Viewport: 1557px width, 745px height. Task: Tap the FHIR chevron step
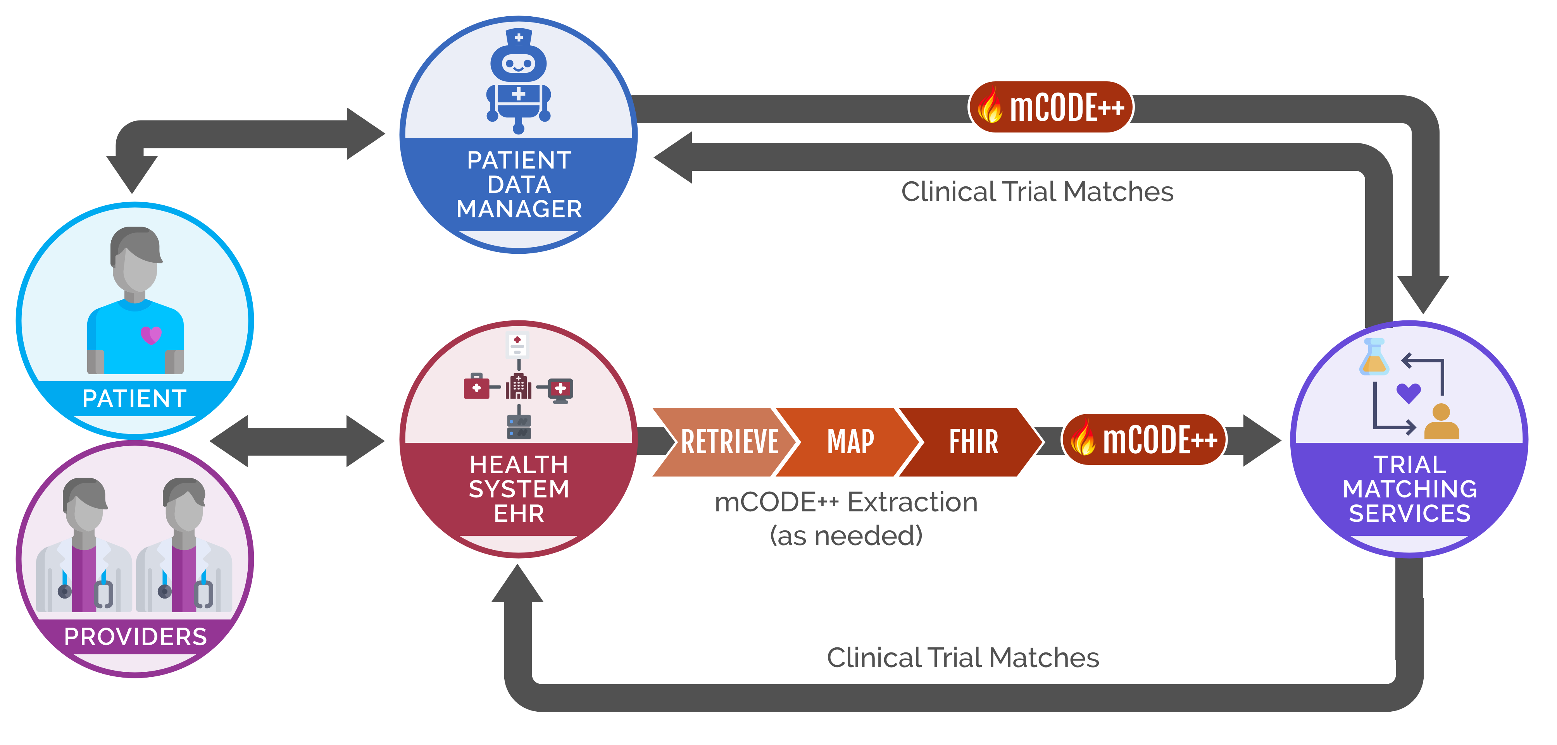coord(973,442)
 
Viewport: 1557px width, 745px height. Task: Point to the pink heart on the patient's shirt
coord(151,334)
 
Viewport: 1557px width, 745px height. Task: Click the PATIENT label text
coord(134,399)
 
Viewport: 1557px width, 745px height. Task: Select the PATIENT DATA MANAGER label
coord(519,184)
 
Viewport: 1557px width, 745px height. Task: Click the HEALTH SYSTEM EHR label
coord(519,489)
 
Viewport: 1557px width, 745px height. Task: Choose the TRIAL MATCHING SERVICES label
coord(1410,489)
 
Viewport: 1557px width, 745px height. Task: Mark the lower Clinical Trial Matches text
coord(962,658)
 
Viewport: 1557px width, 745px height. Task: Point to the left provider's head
coord(84,504)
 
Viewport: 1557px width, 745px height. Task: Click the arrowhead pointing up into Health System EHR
coord(517,585)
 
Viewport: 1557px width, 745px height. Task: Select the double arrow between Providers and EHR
coord(297,441)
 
